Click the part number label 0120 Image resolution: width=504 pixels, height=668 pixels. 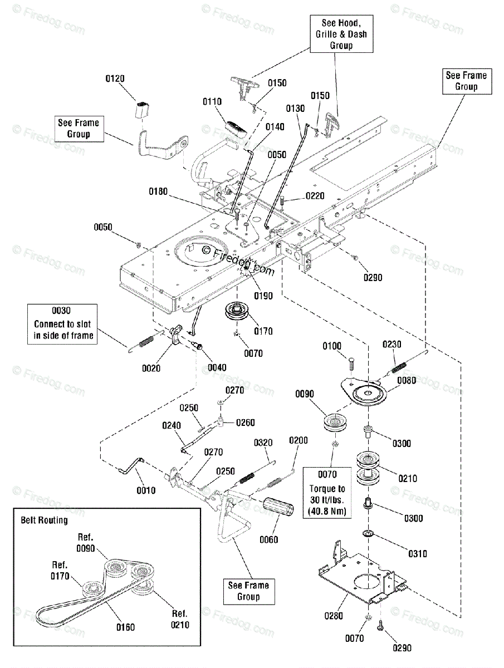(115, 78)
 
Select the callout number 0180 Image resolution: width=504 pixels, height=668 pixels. (158, 191)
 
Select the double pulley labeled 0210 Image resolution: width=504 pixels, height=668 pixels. (368, 469)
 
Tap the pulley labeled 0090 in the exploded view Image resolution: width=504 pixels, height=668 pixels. (335, 423)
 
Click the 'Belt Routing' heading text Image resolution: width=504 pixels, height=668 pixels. (44, 520)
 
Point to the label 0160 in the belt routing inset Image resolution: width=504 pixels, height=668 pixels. (125, 627)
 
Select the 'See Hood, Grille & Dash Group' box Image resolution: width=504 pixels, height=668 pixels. (341, 34)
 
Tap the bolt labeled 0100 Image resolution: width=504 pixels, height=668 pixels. (351, 364)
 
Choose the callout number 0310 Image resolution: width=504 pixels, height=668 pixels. (418, 554)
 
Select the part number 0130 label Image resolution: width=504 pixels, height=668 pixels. (295, 109)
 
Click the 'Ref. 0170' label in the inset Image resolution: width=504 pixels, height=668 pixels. (60, 571)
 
